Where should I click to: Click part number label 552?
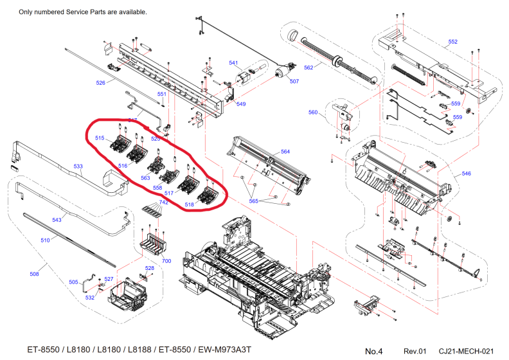coord(452,42)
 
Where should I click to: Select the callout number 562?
coord(308,67)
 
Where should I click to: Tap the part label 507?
coord(294,81)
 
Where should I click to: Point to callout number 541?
coord(234,63)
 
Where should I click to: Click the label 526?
coord(100,83)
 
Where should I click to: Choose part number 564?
coord(285,152)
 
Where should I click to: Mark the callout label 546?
coord(467,174)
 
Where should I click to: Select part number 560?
coord(313,113)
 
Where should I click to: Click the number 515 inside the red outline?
coord(100,138)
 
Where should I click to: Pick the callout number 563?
coord(145,177)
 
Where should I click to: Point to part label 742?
coord(165,203)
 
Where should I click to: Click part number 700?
coord(166,260)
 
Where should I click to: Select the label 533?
coord(78,166)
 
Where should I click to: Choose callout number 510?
coord(45,240)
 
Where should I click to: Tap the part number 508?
coord(35,274)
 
